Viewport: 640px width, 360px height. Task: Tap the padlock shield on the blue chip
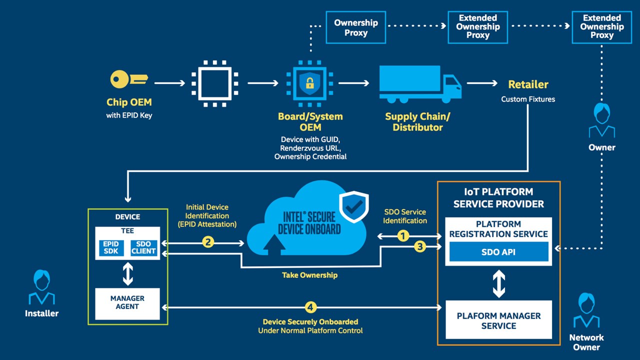coord(309,80)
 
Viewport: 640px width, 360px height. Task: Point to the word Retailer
coord(528,84)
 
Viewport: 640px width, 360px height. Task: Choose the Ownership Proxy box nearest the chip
coord(355,28)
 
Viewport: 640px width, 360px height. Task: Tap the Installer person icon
coord(41,288)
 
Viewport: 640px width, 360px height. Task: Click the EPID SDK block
coord(111,247)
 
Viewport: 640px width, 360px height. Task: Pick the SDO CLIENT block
coord(143,247)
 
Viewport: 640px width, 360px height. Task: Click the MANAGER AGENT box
coord(127,303)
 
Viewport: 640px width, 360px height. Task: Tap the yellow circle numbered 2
coord(208,242)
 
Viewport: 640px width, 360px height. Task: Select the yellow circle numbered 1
coord(403,235)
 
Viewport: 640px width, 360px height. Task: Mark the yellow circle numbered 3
coord(420,246)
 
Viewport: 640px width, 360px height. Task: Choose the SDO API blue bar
coord(498,252)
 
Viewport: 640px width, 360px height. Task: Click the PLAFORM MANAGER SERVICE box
coord(498,320)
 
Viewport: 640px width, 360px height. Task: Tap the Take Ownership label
coord(309,275)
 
